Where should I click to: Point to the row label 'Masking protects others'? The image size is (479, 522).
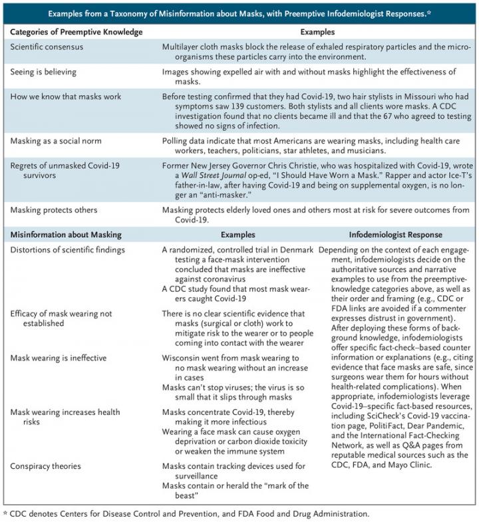tap(54, 209)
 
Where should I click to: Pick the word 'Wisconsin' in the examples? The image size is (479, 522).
tap(183, 357)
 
